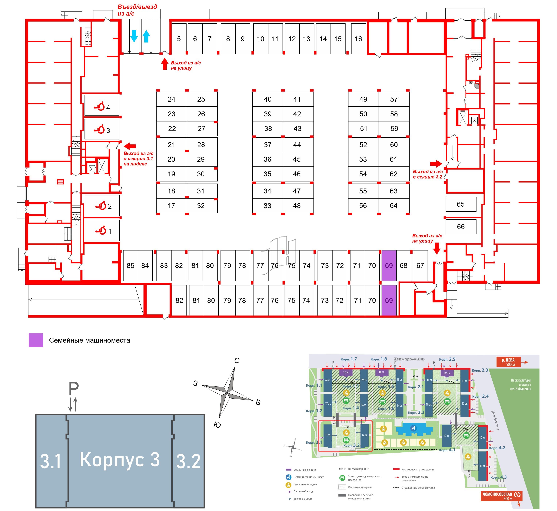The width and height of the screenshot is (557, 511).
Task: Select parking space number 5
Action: pos(179,39)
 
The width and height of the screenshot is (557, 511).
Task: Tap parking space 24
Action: pos(172,99)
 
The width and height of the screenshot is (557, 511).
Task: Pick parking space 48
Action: pos(297,206)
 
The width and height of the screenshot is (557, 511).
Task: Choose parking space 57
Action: pos(394,99)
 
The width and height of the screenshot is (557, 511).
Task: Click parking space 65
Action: pos(461,204)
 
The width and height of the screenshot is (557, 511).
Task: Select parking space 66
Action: pos(461,227)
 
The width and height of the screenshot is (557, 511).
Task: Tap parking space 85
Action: pos(130,266)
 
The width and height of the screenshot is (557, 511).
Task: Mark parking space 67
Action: pos(420,266)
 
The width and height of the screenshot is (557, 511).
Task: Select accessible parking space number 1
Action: pos(102,231)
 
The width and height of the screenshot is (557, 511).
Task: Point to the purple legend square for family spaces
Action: pos(36,340)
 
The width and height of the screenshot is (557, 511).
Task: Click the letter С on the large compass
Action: pos(237,361)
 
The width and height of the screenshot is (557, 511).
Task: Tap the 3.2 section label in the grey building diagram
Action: pos(188,461)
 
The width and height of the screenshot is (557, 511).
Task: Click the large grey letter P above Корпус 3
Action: pos(74,389)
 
